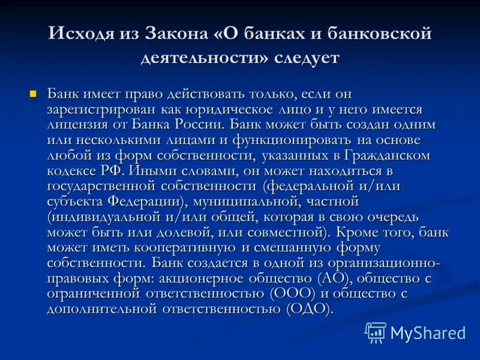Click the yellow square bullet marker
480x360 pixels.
33,94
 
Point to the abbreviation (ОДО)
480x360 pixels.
309,308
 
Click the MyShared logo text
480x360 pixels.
428,332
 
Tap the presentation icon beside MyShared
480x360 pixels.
376,332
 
